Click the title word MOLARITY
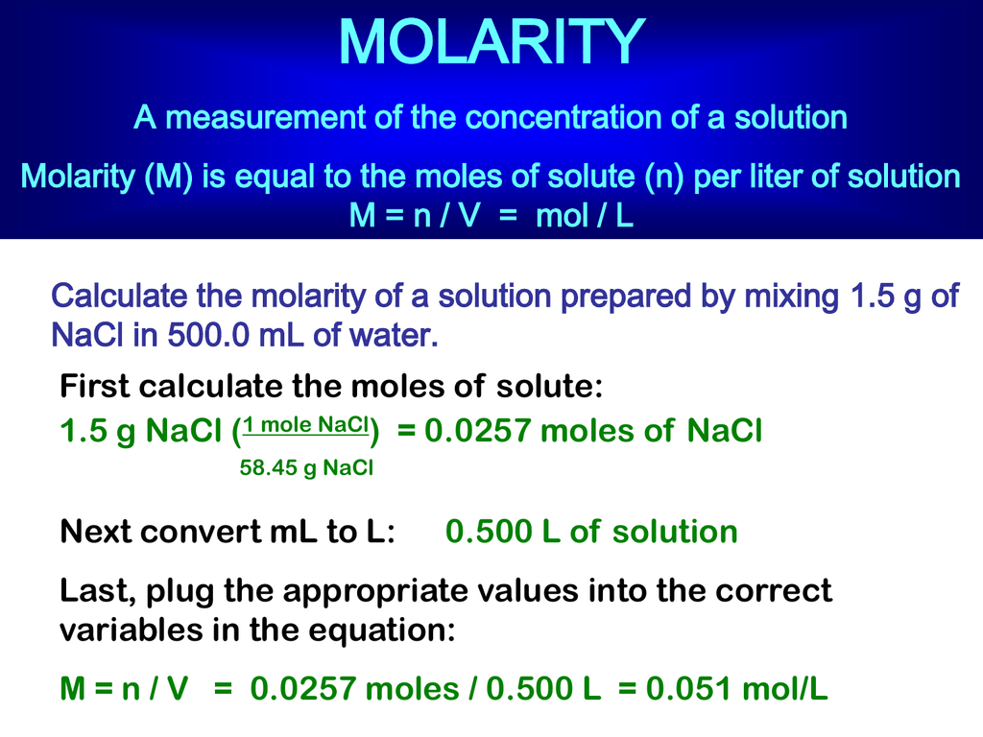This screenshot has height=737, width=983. pos(491,42)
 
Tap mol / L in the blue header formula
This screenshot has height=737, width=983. pos(585,216)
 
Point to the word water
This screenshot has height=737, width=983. pos(394,336)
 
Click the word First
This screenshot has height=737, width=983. pos(94,387)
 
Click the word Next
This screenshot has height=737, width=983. pos(93,532)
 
